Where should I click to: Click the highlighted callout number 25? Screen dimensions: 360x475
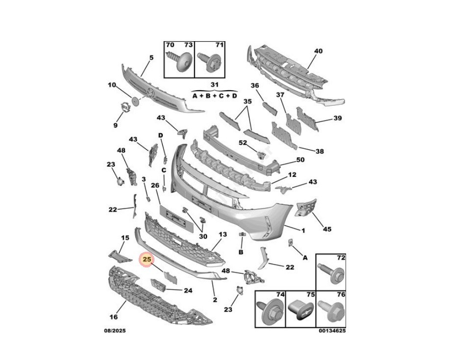coord(146,259)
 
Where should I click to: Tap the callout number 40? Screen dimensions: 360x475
coord(318,51)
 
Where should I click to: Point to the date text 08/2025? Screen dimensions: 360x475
coord(115,331)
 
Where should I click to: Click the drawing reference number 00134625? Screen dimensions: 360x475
coord(332,331)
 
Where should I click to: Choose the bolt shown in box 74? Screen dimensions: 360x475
coord(269,312)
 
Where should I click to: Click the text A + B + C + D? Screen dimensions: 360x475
coord(214,96)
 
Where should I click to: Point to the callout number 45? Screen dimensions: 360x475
coord(326,229)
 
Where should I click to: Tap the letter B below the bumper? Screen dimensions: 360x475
coord(241,252)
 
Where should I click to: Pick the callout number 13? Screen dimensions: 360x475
coord(223,235)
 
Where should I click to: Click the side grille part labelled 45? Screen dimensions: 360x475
coord(306,208)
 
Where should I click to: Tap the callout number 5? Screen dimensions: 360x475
coord(151,57)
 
